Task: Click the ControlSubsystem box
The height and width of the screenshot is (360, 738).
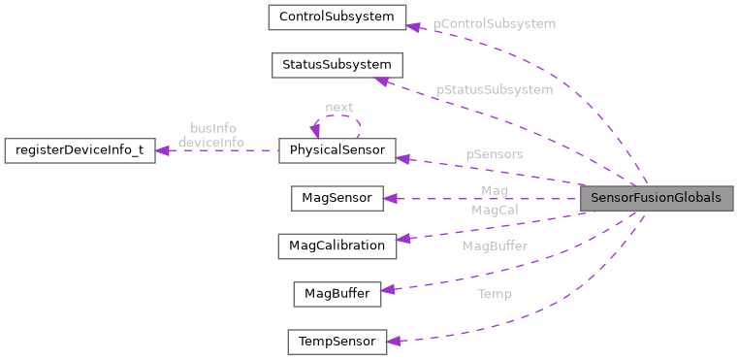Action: [x=337, y=16]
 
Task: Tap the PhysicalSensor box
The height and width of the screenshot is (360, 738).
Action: [x=337, y=150]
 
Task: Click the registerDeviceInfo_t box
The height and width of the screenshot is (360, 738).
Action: [x=80, y=150]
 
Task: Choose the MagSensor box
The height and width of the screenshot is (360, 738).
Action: [x=337, y=198]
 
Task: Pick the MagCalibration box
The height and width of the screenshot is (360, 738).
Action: [x=337, y=245]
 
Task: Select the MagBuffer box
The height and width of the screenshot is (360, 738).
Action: [x=337, y=293]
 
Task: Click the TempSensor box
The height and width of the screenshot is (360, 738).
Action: [x=337, y=342]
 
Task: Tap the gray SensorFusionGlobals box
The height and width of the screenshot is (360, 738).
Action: [x=656, y=198]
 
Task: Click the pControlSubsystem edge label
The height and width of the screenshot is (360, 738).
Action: [x=495, y=23]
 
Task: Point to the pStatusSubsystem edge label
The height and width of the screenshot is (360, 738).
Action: [x=495, y=89]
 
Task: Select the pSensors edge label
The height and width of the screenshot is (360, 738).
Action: [x=494, y=154]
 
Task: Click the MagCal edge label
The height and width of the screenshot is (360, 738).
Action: [x=495, y=210]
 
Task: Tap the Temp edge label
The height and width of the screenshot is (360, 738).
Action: [x=495, y=294]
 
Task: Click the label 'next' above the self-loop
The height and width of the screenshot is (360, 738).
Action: [x=338, y=107]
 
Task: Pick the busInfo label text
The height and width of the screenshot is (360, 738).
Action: [x=212, y=128]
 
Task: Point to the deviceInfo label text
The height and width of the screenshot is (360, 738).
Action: [x=210, y=143]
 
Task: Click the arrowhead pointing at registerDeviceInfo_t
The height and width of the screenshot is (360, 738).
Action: [x=163, y=150]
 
